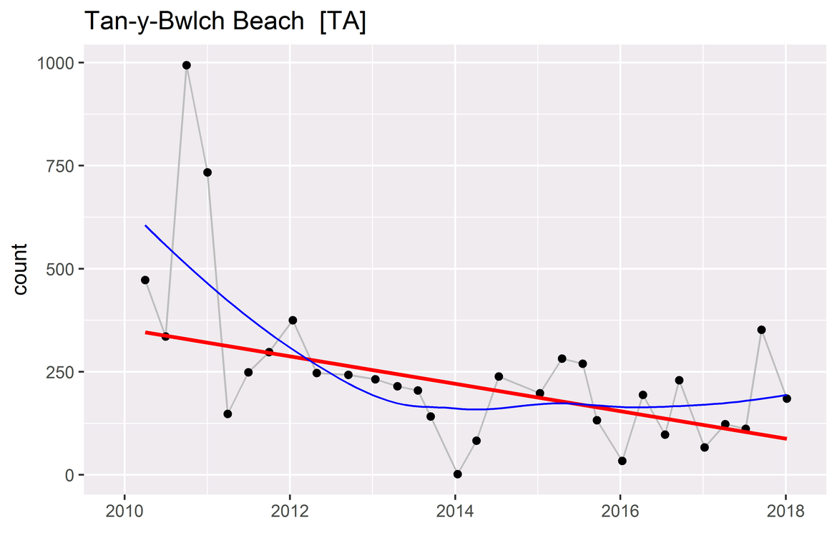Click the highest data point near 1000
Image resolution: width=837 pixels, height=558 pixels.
187,65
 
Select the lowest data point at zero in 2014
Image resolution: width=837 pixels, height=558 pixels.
458,474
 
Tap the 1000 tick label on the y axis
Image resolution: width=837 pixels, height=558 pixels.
55,63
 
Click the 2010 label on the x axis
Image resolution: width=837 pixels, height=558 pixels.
124,513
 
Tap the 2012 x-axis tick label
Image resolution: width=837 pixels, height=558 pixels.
290,513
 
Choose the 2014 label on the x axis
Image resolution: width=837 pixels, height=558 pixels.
455,513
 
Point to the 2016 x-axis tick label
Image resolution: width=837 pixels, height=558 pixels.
620,513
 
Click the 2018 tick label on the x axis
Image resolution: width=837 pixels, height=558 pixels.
785,513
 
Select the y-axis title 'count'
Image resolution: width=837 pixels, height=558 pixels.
20,269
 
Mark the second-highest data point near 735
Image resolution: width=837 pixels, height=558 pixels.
207,172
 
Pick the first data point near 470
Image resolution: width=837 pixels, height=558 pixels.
145,280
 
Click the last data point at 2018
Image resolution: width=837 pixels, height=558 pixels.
786,398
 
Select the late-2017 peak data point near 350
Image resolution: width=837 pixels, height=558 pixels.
762,330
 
